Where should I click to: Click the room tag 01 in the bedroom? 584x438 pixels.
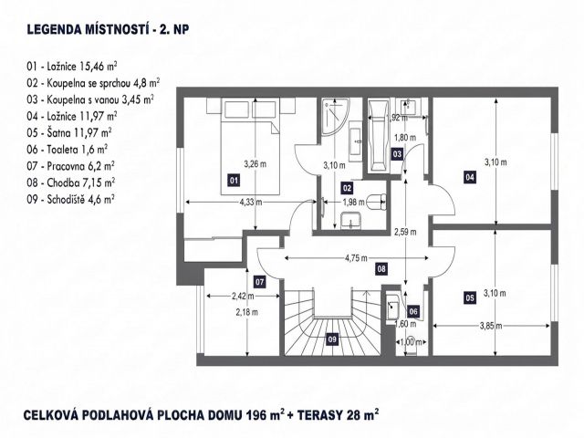point(234,181)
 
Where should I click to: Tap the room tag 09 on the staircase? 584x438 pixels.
point(332,339)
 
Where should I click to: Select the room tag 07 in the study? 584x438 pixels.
point(259,282)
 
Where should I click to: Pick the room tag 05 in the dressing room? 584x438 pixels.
point(470,298)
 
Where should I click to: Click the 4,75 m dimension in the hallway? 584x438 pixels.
point(356,258)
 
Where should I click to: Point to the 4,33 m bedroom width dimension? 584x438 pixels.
point(251,202)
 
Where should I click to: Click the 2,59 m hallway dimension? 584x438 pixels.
point(405,232)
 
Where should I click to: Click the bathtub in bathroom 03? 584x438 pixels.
point(378,136)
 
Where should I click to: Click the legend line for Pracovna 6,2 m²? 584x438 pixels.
point(70,166)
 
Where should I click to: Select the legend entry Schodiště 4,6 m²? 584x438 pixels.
point(70,199)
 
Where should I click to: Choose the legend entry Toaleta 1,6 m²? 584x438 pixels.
point(67,150)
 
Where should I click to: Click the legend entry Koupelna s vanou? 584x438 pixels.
point(90,99)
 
